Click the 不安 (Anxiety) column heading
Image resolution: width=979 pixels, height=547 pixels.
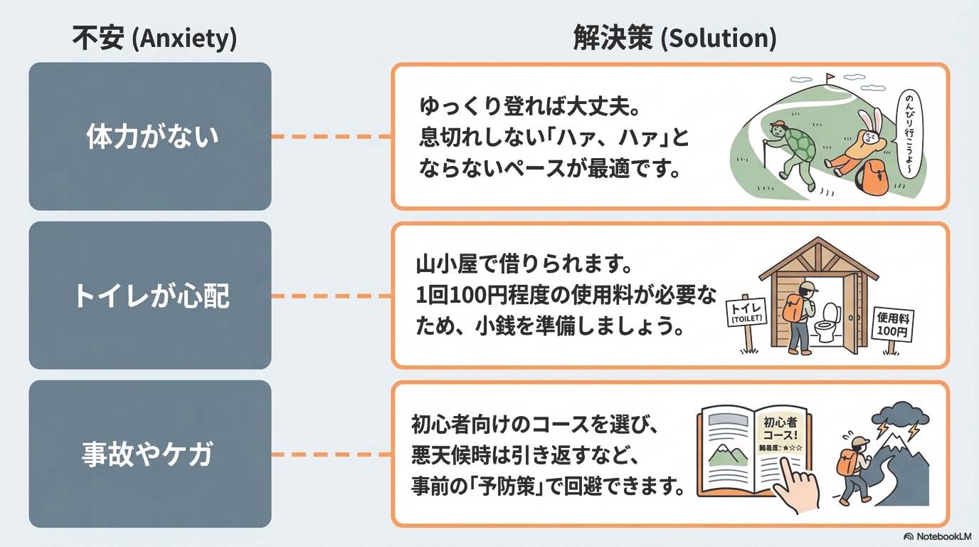click(154, 38)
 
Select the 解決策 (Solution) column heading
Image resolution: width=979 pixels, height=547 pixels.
click(674, 38)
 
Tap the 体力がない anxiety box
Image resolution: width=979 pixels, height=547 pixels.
click(150, 136)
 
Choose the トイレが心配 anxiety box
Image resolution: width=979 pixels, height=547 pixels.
click(150, 295)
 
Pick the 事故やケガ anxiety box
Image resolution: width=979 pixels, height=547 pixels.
click(150, 454)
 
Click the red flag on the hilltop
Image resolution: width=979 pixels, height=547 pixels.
click(830, 75)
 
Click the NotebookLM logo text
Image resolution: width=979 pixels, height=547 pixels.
click(937, 536)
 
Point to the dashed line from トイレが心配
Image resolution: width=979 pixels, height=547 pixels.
click(331, 296)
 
